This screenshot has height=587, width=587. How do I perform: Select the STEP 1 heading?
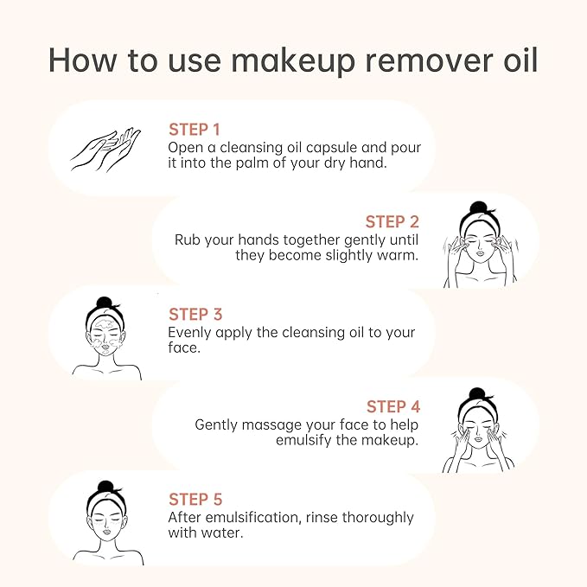coord(194,130)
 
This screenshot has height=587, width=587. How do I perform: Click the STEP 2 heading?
coord(392,221)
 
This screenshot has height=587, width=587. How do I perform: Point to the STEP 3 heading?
coord(195,315)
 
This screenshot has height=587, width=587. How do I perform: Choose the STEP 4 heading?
coord(393,406)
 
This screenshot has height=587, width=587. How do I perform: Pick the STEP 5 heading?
coord(195,500)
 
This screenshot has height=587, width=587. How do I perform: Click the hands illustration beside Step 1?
coord(105,150)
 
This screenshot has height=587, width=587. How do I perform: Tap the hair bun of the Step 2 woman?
coord(478,207)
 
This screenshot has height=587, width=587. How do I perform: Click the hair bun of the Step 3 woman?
coord(105,303)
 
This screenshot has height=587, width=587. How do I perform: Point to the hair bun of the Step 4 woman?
coord(477,394)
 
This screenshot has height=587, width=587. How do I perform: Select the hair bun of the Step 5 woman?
coord(105,487)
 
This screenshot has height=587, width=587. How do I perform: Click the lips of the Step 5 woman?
coord(107,531)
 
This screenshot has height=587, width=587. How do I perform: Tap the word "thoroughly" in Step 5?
coord(378,518)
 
